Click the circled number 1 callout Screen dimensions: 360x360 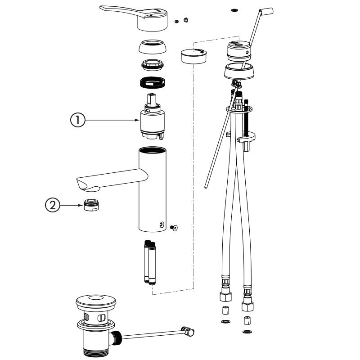[x=77, y=120]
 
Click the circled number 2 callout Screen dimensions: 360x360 [x=53, y=205]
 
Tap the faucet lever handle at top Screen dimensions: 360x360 [x=135, y=16]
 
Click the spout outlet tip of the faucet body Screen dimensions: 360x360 [x=85, y=184]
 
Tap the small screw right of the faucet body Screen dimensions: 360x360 [x=175, y=228]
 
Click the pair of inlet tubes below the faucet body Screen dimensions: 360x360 [x=150, y=263]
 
